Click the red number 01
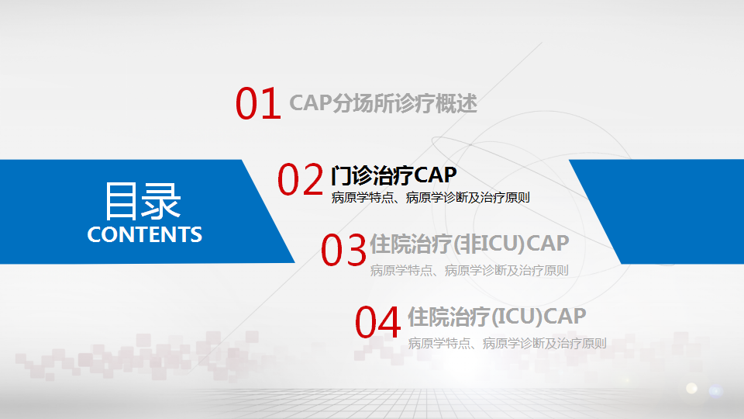pos(258,102)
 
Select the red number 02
pos(300,178)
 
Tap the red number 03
pos(343,250)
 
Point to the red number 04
pos(377,322)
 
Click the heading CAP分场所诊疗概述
pos(384,103)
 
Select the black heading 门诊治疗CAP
pos(394,175)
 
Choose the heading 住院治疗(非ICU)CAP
pos(470,244)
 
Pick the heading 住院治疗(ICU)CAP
pos(498,317)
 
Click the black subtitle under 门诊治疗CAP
pos(430,198)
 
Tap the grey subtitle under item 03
pos(470,270)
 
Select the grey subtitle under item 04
pos(507,343)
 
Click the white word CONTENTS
pos(145,234)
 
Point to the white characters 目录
pos(143,201)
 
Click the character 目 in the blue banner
pos(122,201)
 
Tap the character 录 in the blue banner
pos(162,201)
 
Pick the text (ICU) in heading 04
pos(515,317)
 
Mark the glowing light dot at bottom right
pos(692,388)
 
